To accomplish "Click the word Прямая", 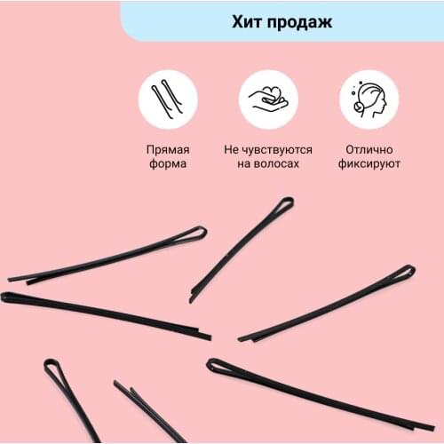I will (x=167, y=149).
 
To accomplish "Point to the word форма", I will (x=167, y=164).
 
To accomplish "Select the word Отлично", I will (x=369, y=149).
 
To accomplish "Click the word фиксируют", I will (x=369, y=164).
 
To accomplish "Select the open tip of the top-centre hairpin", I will (x=193, y=297).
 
